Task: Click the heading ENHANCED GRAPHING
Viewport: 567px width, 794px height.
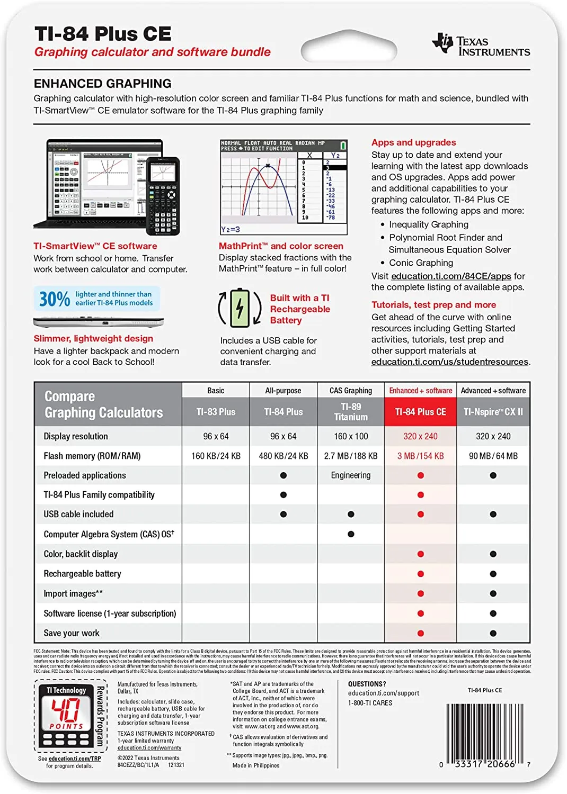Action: pos(103,84)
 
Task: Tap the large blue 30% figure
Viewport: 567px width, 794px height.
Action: pos(55,299)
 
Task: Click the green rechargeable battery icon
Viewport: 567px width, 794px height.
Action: pos(240,308)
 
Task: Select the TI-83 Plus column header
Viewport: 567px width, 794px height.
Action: pos(216,412)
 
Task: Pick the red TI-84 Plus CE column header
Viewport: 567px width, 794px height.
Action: pos(420,412)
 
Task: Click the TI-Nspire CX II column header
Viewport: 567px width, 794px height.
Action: pos(493,412)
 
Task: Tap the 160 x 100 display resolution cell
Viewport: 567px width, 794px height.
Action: pos(351,436)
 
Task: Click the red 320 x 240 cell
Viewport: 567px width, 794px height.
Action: pos(420,436)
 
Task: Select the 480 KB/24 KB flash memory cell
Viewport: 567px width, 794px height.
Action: pos(283,456)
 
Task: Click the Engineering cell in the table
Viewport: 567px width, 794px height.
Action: pos(351,475)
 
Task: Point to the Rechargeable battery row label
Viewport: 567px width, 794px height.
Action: pos(83,574)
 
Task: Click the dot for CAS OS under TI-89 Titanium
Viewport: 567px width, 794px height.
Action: pos(351,534)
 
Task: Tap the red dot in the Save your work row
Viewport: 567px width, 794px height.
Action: pos(420,633)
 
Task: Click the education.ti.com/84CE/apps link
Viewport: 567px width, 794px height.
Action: pos(451,276)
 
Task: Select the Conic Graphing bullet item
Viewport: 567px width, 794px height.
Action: pos(421,263)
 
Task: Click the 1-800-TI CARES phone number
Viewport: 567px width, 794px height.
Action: pos(370,703)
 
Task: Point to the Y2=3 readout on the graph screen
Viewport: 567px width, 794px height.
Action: pos(231,229)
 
